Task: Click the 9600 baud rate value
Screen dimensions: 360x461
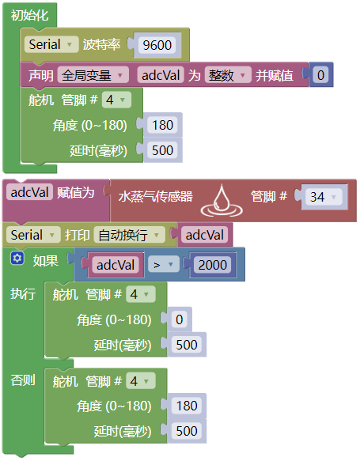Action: pos(157,45)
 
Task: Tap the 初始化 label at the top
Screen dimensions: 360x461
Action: pos(29,15)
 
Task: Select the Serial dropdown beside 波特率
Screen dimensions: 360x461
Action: pos(51,44)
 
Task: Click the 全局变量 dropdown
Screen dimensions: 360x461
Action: pos(93,75)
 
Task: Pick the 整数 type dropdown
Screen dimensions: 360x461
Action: pos(228,75)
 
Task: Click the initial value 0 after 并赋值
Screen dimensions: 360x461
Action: pos(320,75)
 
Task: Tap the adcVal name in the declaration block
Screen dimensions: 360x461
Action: pos(161,75)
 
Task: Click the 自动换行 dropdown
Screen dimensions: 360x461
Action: pos(129,235)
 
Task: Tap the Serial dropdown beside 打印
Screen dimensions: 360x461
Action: pos(33,235)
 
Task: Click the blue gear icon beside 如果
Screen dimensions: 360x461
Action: pos(17,259)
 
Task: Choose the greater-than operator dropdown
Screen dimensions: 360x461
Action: pos(163,265)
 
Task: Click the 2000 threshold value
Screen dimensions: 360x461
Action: pos(212,265)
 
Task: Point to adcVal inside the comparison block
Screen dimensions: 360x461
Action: pos(116,265)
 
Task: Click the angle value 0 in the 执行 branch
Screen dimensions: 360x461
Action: pos(180,319)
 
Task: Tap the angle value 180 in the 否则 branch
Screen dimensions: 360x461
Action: pos(187,406)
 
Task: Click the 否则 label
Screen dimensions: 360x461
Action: pos(23,380)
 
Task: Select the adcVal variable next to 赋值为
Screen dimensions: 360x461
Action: pos(30,193)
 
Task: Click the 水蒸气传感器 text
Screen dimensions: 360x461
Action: pos(156,196)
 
